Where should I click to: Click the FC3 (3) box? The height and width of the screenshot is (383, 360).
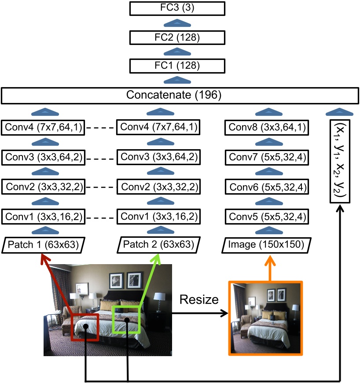click(x=177, y=8)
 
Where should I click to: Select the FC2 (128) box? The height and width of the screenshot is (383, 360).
click(x=177, y=37)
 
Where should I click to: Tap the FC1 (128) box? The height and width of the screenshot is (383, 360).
click(x=177, y=66)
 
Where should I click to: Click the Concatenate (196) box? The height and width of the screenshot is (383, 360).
click(x=180, y=95)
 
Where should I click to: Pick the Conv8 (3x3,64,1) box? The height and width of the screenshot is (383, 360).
click(x=266, y=128)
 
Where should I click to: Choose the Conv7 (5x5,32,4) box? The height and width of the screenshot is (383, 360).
click(x=266, y=157)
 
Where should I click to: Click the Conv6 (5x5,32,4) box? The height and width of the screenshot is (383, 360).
click(x=266, y=187)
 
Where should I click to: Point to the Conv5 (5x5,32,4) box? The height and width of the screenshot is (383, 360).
click(x=266, y=217)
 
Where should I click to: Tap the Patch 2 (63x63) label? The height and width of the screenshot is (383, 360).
click(x=160, y=245)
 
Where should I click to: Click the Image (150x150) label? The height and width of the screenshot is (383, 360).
click(x=266, y=245)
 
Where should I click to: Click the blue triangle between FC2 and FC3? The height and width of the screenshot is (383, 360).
click(x=177, y=22)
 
